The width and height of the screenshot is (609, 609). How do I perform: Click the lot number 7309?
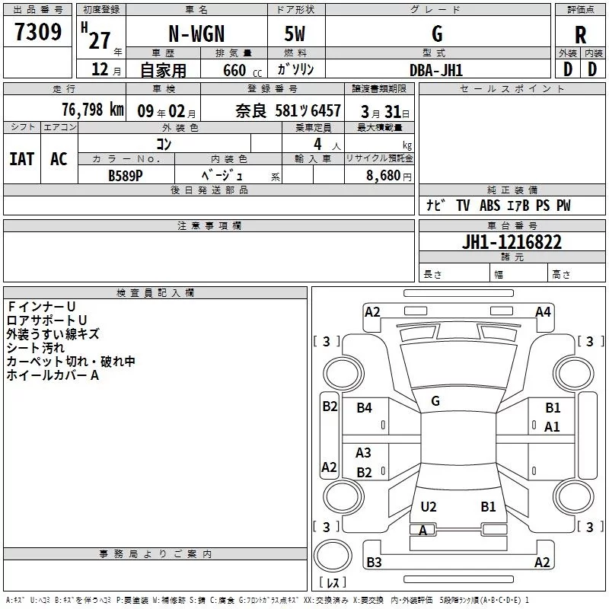tap(38, 32)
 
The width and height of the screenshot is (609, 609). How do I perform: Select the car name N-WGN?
tap(196, 34)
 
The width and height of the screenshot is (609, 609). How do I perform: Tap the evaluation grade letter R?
tap(580, 34)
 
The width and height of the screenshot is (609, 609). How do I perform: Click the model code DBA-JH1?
tap(436, 70)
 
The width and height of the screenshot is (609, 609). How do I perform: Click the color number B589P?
tap(126, 174)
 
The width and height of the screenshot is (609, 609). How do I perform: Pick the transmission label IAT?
tap(21, 159)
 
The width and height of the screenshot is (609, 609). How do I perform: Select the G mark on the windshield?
tap(435, 401)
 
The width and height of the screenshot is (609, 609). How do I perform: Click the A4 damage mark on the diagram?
tap(543, 311)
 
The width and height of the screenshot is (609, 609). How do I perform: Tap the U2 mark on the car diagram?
tap(429, 506)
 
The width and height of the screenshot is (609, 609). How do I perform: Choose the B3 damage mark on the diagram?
tap(374, 563)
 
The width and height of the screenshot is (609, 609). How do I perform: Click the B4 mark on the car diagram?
tap(365, 408)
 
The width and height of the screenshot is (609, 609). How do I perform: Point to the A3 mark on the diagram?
tap(364, 453)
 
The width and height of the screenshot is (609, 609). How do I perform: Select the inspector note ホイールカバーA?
tap(53, 375)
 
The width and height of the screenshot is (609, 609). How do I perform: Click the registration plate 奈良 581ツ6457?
tap(288, 111)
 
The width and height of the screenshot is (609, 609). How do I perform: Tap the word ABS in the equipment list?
tap(491, 206)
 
